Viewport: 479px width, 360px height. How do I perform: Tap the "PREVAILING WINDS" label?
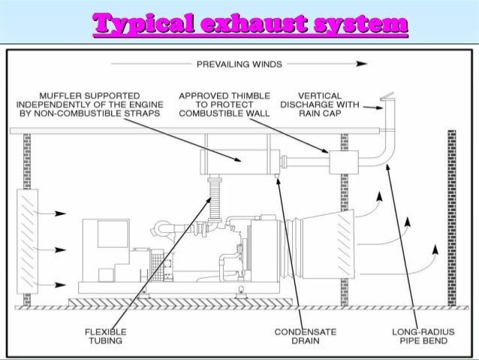(239, 65)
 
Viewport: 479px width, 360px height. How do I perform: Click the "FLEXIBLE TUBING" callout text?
(106, 336)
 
